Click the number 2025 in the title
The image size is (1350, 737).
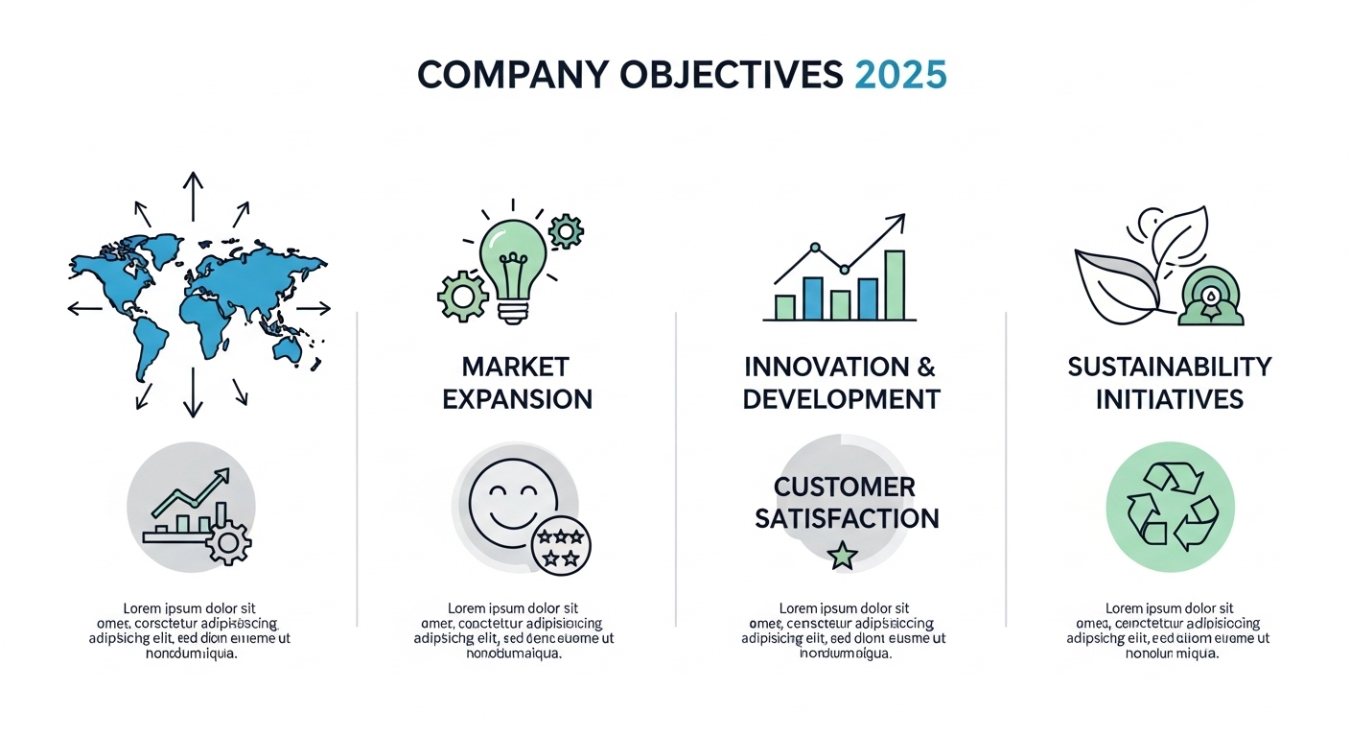pyautogui.click(x=899, y=75)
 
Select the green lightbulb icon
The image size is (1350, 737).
pyautogui.click(x=512, y=259)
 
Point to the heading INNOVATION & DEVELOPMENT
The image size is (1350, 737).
pyautogui.click(x=841, y=383)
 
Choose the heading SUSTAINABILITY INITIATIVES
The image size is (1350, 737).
pyautogui.click(x=1170, y=383)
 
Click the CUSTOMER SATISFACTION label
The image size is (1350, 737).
pyautogui.click(x=846, y=503)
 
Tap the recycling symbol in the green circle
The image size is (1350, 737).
pyautogui.click(x=1170, y=506)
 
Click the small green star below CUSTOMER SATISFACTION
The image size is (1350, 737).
pyautogui.click(x=842, y=555)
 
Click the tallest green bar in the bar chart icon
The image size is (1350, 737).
pyautogui.click(x=894, y=284)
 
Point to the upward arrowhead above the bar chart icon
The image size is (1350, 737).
pyautogui.click(x=896, y=223)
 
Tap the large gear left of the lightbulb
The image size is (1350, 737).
pyautogui.click(x=463, y=296)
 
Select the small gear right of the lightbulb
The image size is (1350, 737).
pyautogui.click(x=566, y=231)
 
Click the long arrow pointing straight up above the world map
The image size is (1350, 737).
pyautogui.click(x=193, y=197)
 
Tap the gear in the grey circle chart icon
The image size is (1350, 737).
pyautogui.click(x=228, y=542)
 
